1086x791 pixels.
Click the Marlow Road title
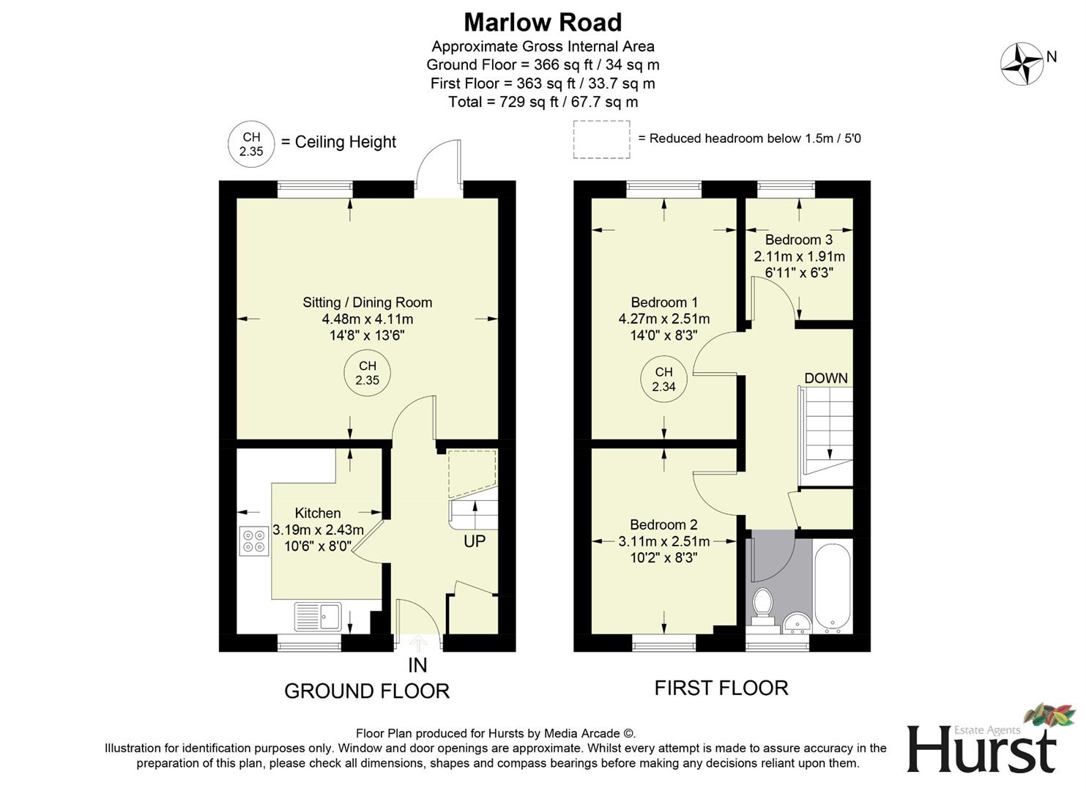pyautogui.click(x=543, y=22)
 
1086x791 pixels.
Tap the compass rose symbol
pyautogui.click(x=1022, y=64)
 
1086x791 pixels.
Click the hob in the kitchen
pyautogui.click(x=253, y=541)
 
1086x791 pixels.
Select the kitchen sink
pyautogui.click(x=318, y=617)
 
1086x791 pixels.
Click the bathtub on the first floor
pyautogui.click(x=833, y=587)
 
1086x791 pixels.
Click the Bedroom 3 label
pyautogui.click(x=798, y=239)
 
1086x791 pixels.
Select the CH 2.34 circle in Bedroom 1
pyautogui.click(x=663, y=379)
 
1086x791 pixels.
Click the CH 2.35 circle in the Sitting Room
pyautogui.click(x=367, y=373)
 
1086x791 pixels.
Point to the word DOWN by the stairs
pyautogui.click(x=826, y=378)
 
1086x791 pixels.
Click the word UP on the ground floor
pyautogui.click(x=475, y=542)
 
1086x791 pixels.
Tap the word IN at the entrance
pyautogui.click(x=417, y=665)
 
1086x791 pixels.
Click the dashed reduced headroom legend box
pyautogui.click(x=601, y=139)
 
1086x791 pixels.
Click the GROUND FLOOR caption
pyautogui.click(x=366, y=691)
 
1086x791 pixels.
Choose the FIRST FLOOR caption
pyautogui.click(x=721, y=688)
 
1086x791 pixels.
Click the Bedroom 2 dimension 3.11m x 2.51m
pyautogui.click(x=663, y=541)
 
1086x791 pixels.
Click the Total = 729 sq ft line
pyautogui.click(x=543, y=102)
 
